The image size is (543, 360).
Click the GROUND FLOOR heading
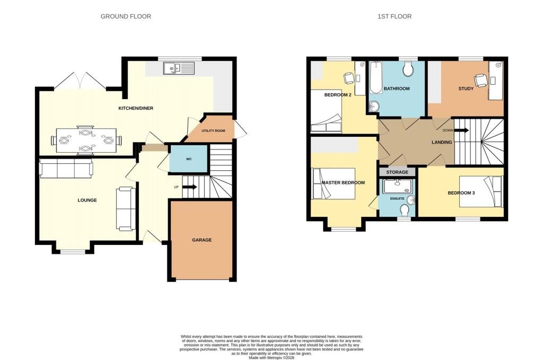click(126, 16)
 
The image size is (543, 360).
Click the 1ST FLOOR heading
click(394, 16)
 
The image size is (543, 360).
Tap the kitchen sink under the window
click(179, 68)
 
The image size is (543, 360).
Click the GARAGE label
click(202, 240)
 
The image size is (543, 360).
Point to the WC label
click(189, 159)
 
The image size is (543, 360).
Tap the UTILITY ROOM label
click(213, 130)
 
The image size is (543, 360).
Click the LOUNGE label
click(87, 200)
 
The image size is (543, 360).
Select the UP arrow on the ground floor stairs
click(189, 187)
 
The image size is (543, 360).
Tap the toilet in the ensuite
click(406, 210)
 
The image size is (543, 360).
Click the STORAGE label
click(397, 172)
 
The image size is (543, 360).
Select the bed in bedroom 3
click(480, 191)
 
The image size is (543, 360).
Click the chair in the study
click(481, 80)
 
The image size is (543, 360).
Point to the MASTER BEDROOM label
click(343, 183)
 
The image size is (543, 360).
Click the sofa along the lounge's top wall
click(66, 168)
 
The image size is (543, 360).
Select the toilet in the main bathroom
click(408, 69)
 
